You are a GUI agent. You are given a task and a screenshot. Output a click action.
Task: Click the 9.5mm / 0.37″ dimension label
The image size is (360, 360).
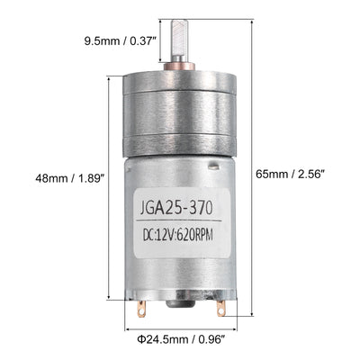coord(121,40)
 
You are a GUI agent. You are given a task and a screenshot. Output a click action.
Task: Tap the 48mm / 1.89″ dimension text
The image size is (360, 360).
coord(70,178)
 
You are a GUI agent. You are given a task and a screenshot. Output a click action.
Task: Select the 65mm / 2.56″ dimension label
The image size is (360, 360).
coord(291,174)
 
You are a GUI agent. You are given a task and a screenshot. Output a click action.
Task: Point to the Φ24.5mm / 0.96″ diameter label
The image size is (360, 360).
coord(181,339)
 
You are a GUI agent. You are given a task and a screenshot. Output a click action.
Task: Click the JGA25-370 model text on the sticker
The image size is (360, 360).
coord(176,208)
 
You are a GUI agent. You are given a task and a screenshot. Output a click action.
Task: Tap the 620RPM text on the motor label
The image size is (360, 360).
coord(194,236)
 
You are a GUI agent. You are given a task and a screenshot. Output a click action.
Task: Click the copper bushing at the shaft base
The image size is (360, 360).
coord(179,67)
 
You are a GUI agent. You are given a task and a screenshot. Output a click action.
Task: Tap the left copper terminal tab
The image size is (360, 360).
coord(140,309)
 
